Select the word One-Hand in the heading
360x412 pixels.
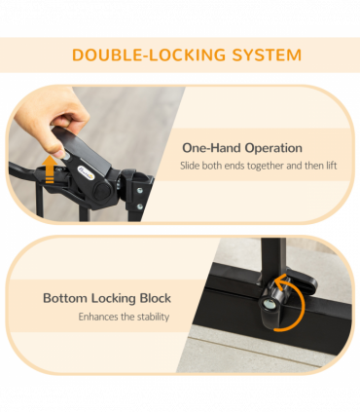click(x=212, y=148)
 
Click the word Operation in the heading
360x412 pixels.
click(x=273, y=149)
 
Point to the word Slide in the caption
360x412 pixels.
click(x=190, y=166)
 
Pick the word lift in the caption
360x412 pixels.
click(x=332, y=166)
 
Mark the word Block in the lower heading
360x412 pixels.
click(x=155, y=298)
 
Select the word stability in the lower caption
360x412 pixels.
click(x=154, y=317)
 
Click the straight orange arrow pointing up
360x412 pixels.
click(x=50, y=169)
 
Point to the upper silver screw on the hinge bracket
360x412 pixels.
click(x=140, y=191)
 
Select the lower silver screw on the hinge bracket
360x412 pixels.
click(x=140, y=206)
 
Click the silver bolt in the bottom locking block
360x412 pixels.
click(x=269, y=304)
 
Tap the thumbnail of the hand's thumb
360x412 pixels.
click(x=58, y=153)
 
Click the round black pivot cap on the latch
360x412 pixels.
click(x=102, y=191)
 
